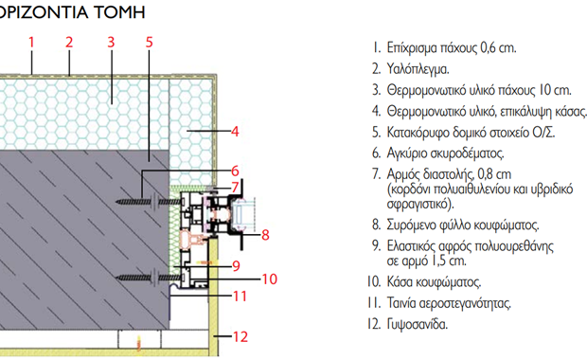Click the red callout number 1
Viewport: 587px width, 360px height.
(x=31, y=41)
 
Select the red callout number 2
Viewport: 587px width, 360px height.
(x=68, y=41)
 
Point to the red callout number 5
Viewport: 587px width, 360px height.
(x=150, y=41)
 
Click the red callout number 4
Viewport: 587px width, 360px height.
(x=236, y=131)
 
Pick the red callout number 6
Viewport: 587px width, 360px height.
(x=236, y=171)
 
